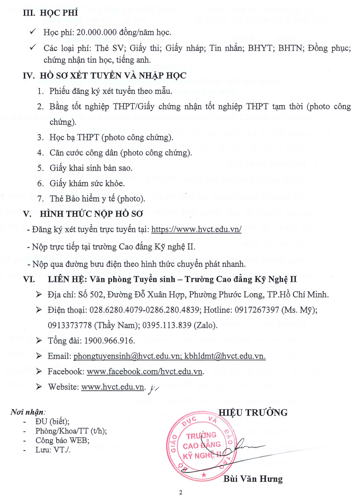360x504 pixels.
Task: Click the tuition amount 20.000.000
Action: coord(90,32)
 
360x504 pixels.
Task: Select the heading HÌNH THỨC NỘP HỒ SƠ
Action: coord(91,213)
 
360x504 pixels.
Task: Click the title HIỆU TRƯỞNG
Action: coord(253,412)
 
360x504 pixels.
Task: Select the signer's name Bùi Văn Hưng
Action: coord(253,479)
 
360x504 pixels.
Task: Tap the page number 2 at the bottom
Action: coord(181,493)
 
